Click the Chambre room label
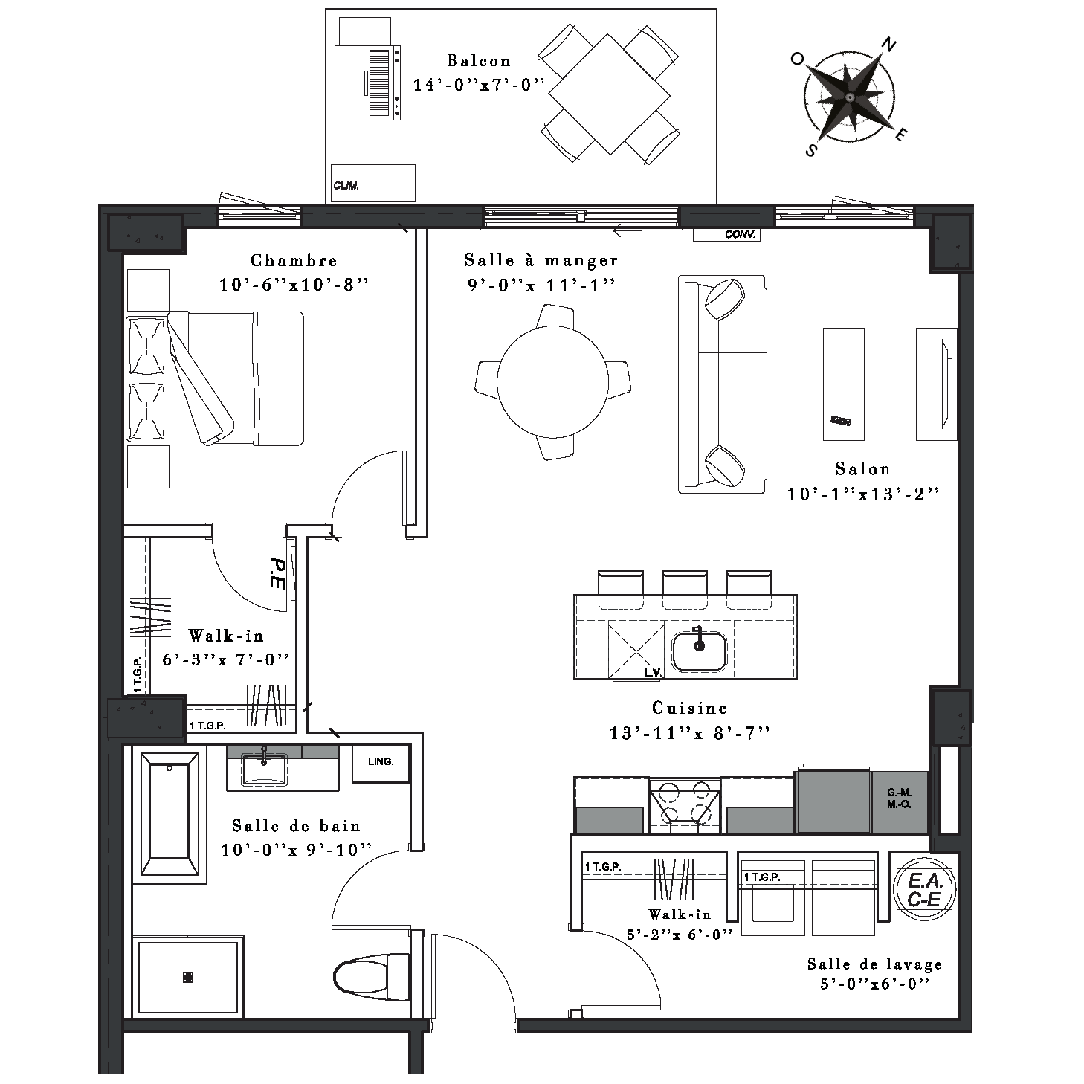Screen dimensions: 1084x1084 [x=294, y=260]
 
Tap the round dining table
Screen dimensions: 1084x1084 [x=552, y=382]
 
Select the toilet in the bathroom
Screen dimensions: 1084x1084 [x=371, y=976]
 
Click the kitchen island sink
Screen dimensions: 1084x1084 [x=699, y=651]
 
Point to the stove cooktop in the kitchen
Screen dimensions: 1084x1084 [x=685, y=805]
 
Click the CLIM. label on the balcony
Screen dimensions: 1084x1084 [x=346, y=186]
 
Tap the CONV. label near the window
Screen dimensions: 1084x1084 [x=740, y=235]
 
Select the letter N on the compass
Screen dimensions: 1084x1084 [x=888, y=44]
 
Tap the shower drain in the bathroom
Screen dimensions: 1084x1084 [x=188, y=977]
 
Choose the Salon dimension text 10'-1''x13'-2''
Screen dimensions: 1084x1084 [x=863, y=494]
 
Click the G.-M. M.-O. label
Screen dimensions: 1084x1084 [x=899, y=799]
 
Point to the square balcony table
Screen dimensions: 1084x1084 [x=609, y=94]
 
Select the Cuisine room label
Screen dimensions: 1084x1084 [x=690, y=709]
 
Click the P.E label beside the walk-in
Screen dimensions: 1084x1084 [x=277, y=573]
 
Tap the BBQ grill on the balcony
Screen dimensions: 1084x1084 [x=367, y=83]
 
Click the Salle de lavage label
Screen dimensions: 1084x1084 [x=875, y=964]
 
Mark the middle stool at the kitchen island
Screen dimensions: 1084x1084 [x=685, y=590]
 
